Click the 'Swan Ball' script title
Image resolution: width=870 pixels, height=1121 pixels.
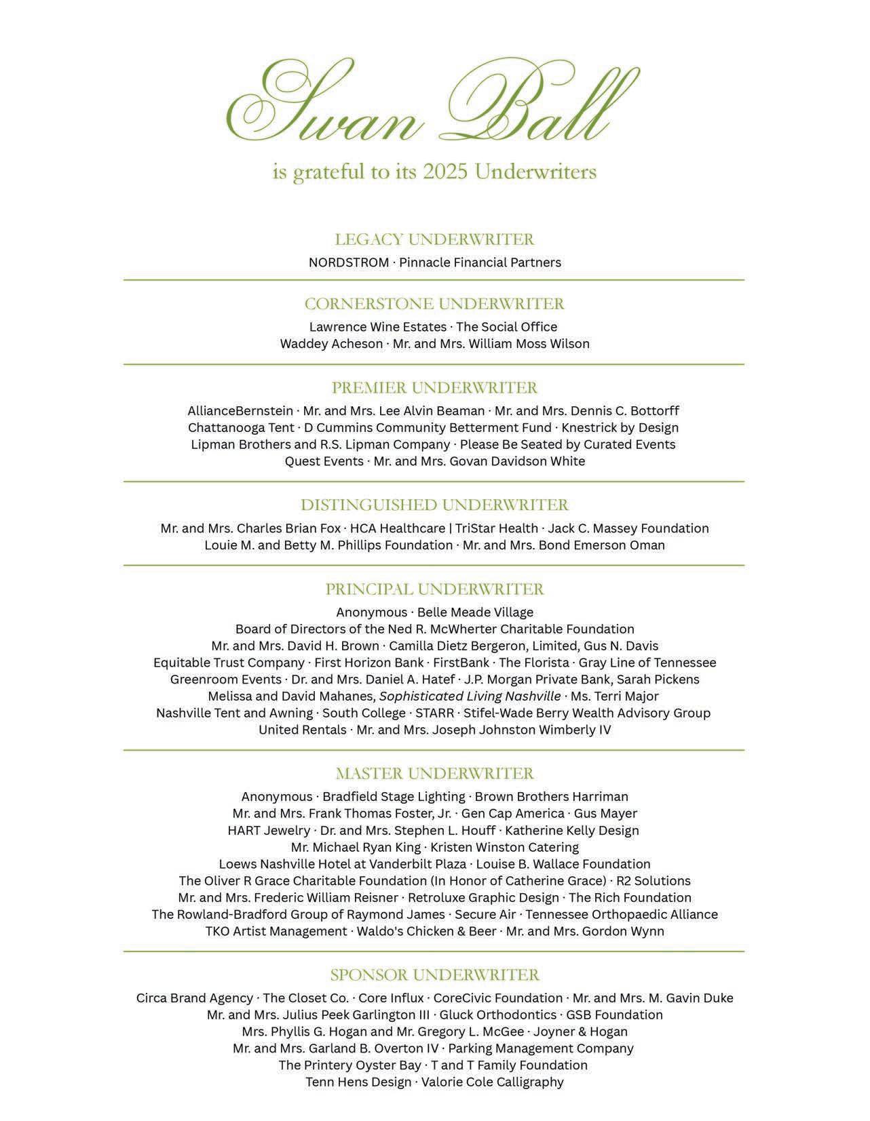pos(434,102)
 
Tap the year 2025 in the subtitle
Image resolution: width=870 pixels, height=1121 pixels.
pos(445,172)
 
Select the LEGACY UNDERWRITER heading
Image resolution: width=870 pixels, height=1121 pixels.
pos(434,239)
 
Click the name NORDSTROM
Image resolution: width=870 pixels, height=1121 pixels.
pos(349,262)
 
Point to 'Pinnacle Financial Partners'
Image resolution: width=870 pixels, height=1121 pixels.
pos(480,262)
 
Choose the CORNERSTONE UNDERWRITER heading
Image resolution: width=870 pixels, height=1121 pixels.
pos(434,303)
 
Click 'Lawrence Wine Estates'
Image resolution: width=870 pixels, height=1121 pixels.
pos(378,327)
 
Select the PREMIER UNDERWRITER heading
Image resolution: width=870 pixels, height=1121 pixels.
pos(434,388)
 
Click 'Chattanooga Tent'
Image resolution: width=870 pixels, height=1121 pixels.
pos(241,428)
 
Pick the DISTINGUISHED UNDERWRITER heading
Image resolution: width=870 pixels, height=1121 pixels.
pos(434,505)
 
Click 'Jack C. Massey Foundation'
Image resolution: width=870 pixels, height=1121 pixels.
pos(628,528)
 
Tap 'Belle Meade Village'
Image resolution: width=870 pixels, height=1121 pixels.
pos(475,612)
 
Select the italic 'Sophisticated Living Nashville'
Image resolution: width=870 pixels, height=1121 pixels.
pos(470,696)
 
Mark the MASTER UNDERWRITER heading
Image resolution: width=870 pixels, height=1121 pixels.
pos(434,773)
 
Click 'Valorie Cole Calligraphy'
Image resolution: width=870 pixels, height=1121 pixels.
pos(492,1082)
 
